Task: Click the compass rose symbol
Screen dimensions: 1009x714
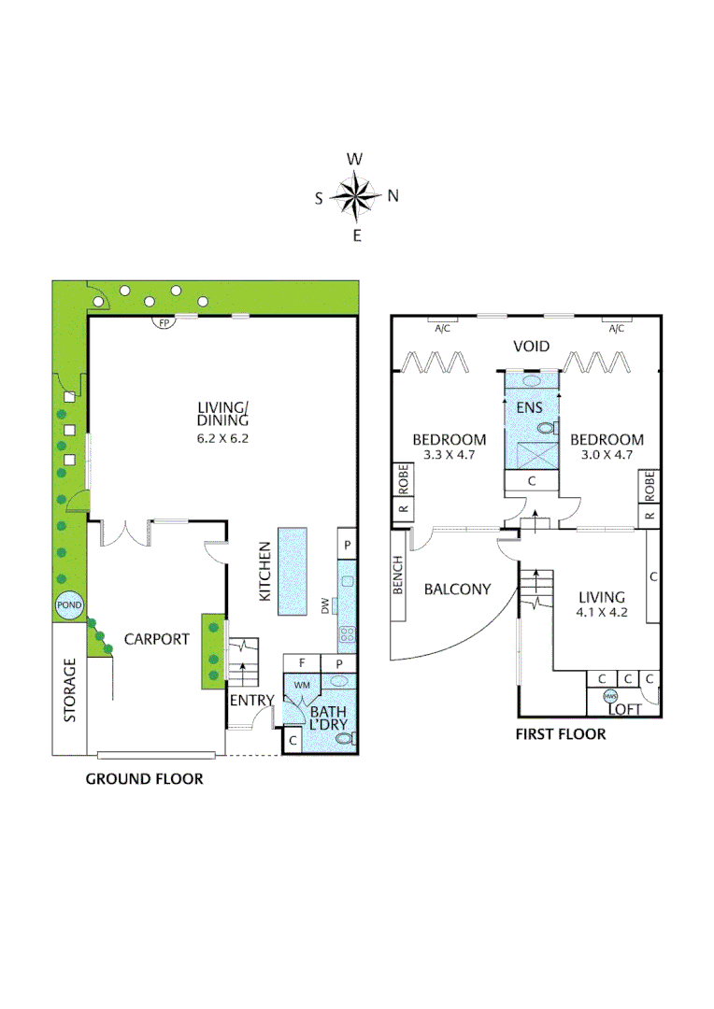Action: (x=355, y=196)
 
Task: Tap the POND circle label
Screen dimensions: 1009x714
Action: (x=70, y=605)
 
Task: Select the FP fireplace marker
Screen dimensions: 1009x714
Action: (x=164, y=323)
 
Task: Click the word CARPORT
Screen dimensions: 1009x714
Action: (x=157, y=640)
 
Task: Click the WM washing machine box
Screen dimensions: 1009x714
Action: (x=302, y=685)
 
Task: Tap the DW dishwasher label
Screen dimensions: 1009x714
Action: (x=326, y=606)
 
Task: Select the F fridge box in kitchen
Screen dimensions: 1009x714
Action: (x=302, y=662)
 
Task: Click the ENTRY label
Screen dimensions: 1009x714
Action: (x=251, y=701)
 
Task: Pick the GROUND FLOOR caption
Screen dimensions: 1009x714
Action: (x=144, y=778)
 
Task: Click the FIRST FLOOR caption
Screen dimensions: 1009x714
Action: (x=561, y=734)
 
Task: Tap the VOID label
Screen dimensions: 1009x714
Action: (x=531, y=348)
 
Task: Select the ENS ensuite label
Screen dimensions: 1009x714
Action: (x=530, y=407)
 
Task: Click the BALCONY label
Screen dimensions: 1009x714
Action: (x=457, y=590)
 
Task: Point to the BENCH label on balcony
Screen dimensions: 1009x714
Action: (x=399, y=576)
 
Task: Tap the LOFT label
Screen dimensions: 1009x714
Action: (x=625, y=709)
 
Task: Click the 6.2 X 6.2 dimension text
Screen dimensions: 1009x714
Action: (x=223, y=437)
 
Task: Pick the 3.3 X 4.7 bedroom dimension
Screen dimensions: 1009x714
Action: (x=450, y=456)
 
